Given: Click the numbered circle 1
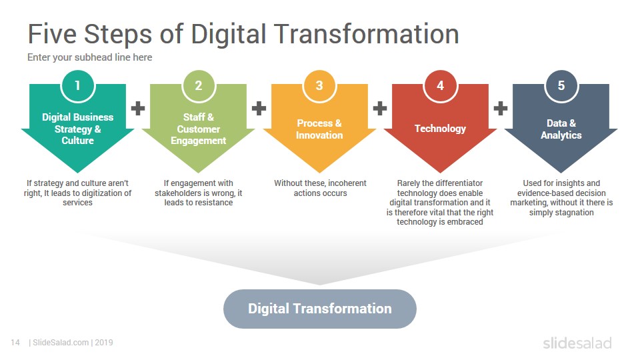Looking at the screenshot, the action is click(x=77, y=85).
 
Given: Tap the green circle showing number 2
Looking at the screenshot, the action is click(x=199, y=85).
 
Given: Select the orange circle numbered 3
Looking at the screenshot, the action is click(x=319, y=85).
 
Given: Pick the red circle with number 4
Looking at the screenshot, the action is click(x=440, y=85).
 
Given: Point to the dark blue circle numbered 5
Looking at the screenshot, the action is click(x=561, y=85).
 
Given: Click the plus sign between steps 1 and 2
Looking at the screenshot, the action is click(x=138, y=108).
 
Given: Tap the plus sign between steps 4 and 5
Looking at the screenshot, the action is click(x=501, y=108).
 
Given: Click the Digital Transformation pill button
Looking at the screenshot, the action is click(x=320, y=309).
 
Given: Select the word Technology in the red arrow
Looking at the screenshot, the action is click(x=440, y=129).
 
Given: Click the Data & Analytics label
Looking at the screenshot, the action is click(x=561, y=129).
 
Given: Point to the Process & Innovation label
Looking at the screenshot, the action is click(x=319, y=129).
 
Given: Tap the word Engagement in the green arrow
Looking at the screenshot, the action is click(x=199, y=141).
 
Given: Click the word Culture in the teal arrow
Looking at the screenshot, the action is click(x=77, y=141).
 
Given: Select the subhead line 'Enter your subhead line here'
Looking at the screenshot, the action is click(x=90, y=57).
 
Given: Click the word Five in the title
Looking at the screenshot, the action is click(x=52, y=34).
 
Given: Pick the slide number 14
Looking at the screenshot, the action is click(x=15, y=343).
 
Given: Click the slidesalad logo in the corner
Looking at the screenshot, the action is click(x=577, y=343).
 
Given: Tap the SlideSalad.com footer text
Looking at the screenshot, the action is click(x=61, y=343).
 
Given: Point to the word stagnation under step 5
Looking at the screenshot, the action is click(x=573, y=212).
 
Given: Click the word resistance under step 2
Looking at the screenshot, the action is click(x=213, y=203).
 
